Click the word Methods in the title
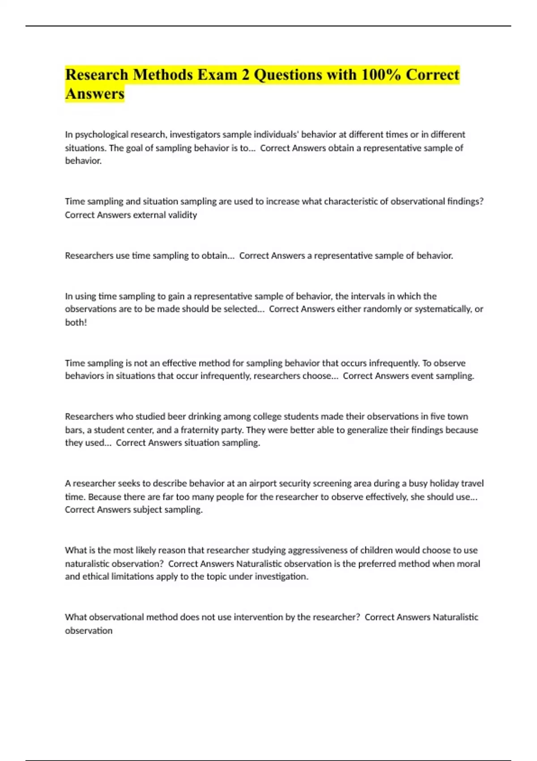click(162, 75)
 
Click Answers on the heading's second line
click(95, 94)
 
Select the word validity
click(183, 215)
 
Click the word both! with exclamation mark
click(76, 322)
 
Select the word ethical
click(95, 577)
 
